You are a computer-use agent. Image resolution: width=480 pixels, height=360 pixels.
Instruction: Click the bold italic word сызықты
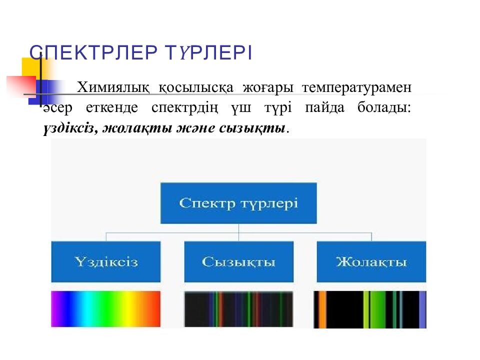coord(251,128)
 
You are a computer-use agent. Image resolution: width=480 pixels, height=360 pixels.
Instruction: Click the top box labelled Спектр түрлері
coord(238,203)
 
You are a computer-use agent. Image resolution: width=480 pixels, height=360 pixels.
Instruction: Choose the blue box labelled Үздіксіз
coord(106,261)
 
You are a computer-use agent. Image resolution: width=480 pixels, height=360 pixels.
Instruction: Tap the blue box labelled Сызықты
coord(238,261)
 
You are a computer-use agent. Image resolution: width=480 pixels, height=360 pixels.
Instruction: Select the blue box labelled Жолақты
coord(371,261)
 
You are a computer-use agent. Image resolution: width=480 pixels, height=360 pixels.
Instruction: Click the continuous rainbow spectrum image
coord(106,309)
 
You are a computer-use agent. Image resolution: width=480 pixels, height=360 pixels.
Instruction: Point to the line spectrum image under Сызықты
coord(238,309)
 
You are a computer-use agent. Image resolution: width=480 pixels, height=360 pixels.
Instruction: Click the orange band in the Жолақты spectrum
coord(322,309)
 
